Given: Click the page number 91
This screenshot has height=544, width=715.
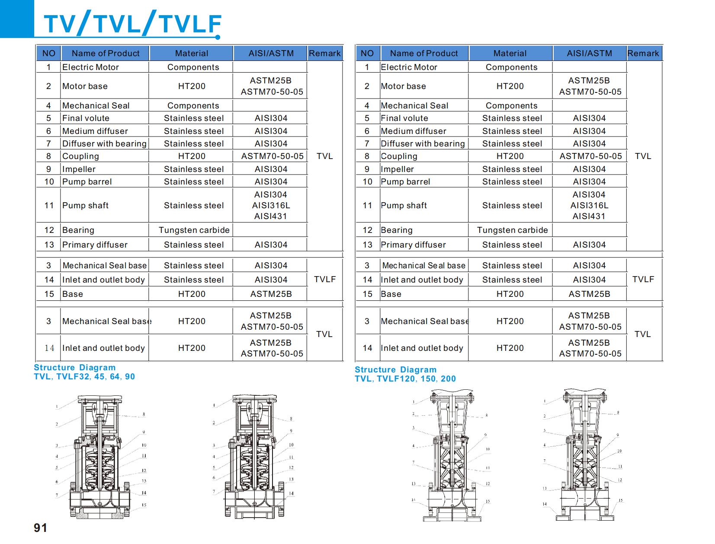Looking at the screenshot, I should (x=40, y=528).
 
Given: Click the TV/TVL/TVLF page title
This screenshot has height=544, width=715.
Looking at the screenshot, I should (x=132, y=24).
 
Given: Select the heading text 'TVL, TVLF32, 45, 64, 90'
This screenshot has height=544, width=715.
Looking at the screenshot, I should (x=84, y=377).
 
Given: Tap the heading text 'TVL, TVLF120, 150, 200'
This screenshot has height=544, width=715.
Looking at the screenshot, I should (x=405, y=379).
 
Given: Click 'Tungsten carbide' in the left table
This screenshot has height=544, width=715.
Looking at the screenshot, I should (x=194, y=230).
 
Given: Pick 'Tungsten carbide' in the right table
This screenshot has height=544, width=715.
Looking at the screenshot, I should (x=512, y=230).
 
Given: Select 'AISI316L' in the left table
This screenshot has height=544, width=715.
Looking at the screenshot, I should (x=271, y=206).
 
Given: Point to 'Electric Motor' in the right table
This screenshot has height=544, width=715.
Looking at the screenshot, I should (x=409, y=67).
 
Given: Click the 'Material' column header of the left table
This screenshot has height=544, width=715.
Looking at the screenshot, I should (x=191, y=54).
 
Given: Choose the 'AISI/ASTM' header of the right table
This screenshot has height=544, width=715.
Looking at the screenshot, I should (x=589, y=54).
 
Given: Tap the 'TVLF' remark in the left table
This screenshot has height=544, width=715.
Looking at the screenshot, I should (x=325, y=280).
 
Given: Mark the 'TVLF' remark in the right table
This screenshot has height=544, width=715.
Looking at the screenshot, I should (x=643, y=280).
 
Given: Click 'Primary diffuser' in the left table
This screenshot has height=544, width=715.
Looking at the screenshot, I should (x=95, y=245).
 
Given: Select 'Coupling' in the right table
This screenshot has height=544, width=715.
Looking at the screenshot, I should (x=399, y=156).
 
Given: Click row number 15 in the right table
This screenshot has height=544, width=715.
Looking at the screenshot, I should (x=367, y=294).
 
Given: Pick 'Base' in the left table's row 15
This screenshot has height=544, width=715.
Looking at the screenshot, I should (x=72, y=294).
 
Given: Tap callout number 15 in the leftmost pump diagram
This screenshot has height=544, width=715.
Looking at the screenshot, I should (x=144, y=505).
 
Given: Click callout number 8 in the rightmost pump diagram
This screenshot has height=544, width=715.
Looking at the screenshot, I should (x=618, y=413).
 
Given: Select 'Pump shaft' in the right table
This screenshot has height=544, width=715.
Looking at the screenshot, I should (x=404, y=206).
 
